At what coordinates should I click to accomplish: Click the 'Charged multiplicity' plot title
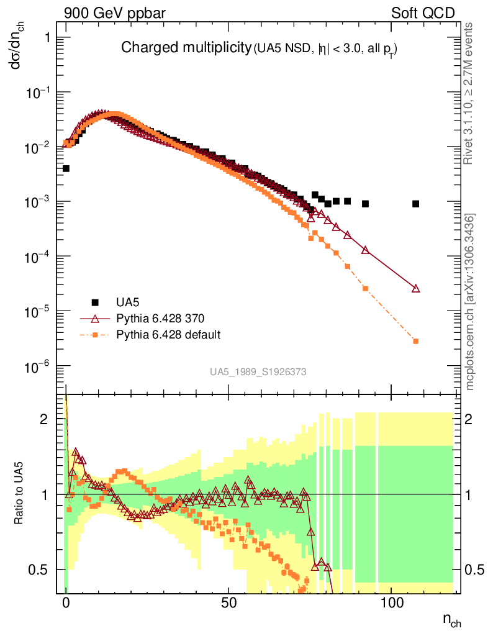point(184,48)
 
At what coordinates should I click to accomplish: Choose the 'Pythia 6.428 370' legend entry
point(160,319)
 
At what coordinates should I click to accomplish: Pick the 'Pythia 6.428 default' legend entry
point(168,335)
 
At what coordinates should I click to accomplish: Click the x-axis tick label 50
point(228,604)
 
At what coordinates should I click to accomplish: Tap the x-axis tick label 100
point(392,604)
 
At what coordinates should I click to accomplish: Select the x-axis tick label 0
point(66,604)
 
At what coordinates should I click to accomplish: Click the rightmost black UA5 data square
point(415,204)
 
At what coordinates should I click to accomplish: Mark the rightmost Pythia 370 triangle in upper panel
point(415,288)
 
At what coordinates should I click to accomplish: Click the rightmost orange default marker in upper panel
point(415,341)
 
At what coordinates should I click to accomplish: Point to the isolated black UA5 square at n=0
point(66,168)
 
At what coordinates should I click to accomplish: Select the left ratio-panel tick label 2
point(44,419)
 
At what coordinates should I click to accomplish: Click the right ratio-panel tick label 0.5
point(474,570)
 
